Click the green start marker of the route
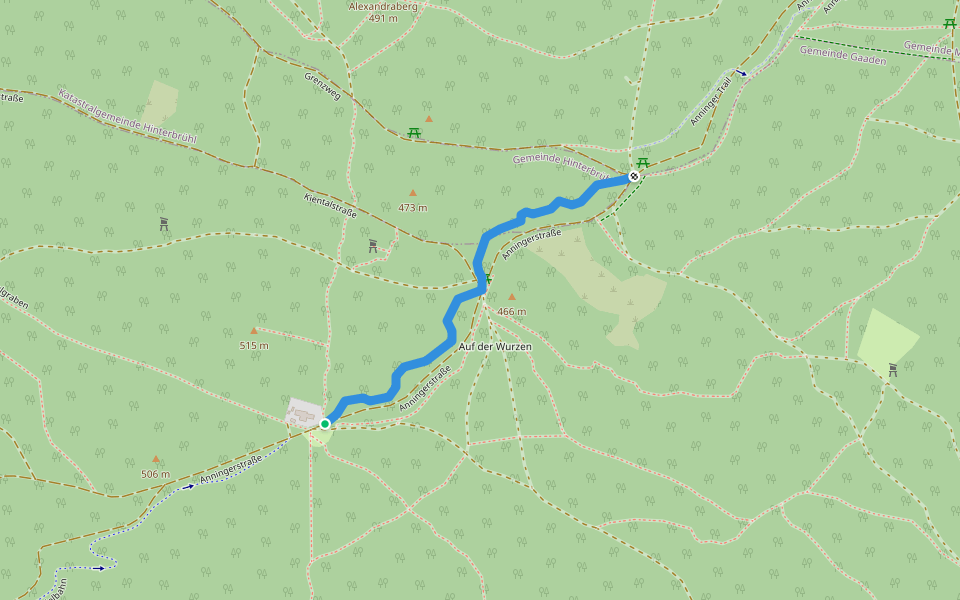tap(325, 424)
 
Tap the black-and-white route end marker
tap(634, 177)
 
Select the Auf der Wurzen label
tap(495, 346)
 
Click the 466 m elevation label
tap(511, 312)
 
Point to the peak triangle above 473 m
tap(412, 193)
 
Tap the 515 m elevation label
tap(254, 346)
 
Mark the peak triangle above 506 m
tap(155, 459)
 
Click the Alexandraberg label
tap(383, 6)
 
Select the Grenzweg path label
tap(323, 87)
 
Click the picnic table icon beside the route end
tap(643, 163)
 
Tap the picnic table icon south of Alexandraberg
tap(414, 133)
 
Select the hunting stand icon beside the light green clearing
tap(892, 369)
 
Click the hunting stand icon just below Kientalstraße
tap(373, 245)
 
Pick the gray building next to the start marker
tap(303, 412)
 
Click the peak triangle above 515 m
tap(253, 330)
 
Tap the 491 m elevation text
tap(383, 18)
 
